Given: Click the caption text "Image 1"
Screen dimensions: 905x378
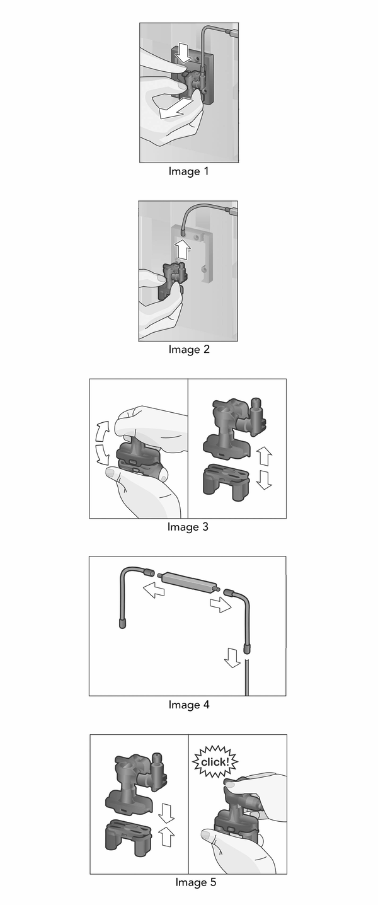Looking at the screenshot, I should [x=188, y=171].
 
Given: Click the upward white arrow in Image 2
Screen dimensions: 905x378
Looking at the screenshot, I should [x=183, y=248].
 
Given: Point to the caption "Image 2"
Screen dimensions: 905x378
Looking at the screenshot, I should [x=188, y=350].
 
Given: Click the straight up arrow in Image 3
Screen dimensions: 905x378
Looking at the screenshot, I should [x=265, y=455].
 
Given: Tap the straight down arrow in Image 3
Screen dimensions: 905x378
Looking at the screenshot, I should [x=265, y=479].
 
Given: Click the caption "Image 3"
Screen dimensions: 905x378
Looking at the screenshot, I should [x=188, y=527].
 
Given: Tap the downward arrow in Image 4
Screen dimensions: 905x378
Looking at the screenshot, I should [x=232, y=658].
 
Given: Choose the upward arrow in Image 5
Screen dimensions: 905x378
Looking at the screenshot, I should [x=166, y=836].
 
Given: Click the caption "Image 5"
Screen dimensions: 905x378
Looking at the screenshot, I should [x=195, y=882].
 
